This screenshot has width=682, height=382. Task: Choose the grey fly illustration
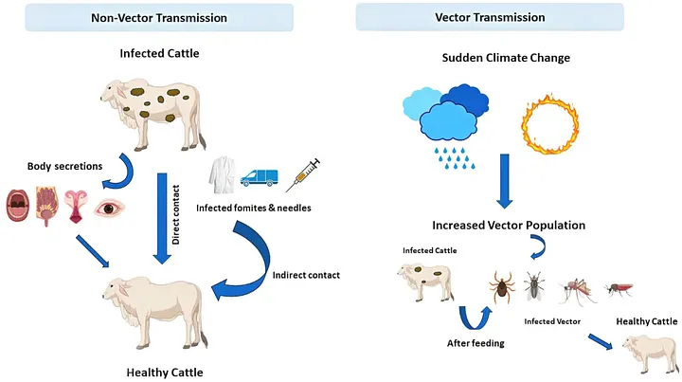tap(535, 285)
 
